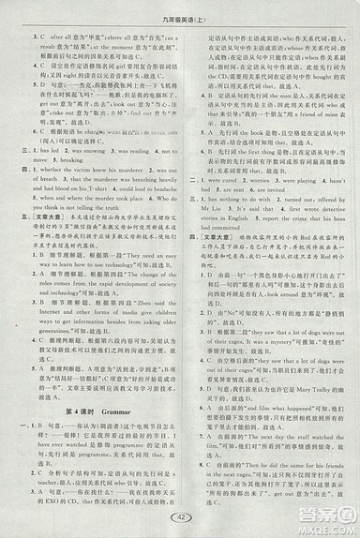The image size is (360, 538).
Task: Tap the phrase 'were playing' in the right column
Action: point(281,153)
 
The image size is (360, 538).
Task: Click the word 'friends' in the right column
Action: point(321,449)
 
